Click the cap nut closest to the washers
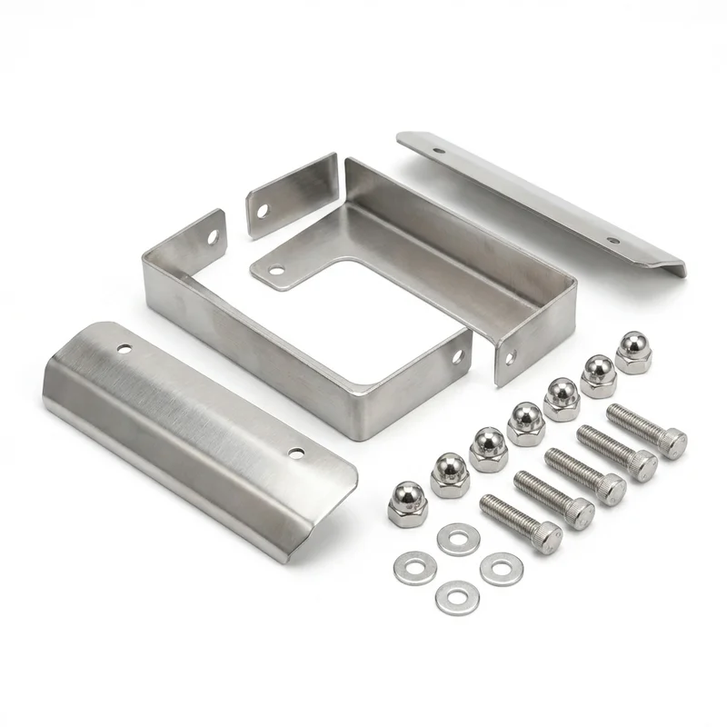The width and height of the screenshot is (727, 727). [x=406, y=502]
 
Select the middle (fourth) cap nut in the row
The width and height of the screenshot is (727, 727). [x=524, y=423]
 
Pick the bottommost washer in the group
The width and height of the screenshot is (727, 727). [x=453, y=596]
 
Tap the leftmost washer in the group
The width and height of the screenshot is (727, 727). [x=413, y=567]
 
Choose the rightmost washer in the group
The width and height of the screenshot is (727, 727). [x=500, y=569]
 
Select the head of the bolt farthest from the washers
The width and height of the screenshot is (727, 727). [x=671, y=442]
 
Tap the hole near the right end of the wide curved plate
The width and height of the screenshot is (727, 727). [x=295, y=451]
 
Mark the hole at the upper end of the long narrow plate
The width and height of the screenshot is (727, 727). [x=439, y=151]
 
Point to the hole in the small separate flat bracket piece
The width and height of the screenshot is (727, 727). [x=263, y=210]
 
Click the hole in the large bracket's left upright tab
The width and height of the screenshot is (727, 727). [x=214, y=237]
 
